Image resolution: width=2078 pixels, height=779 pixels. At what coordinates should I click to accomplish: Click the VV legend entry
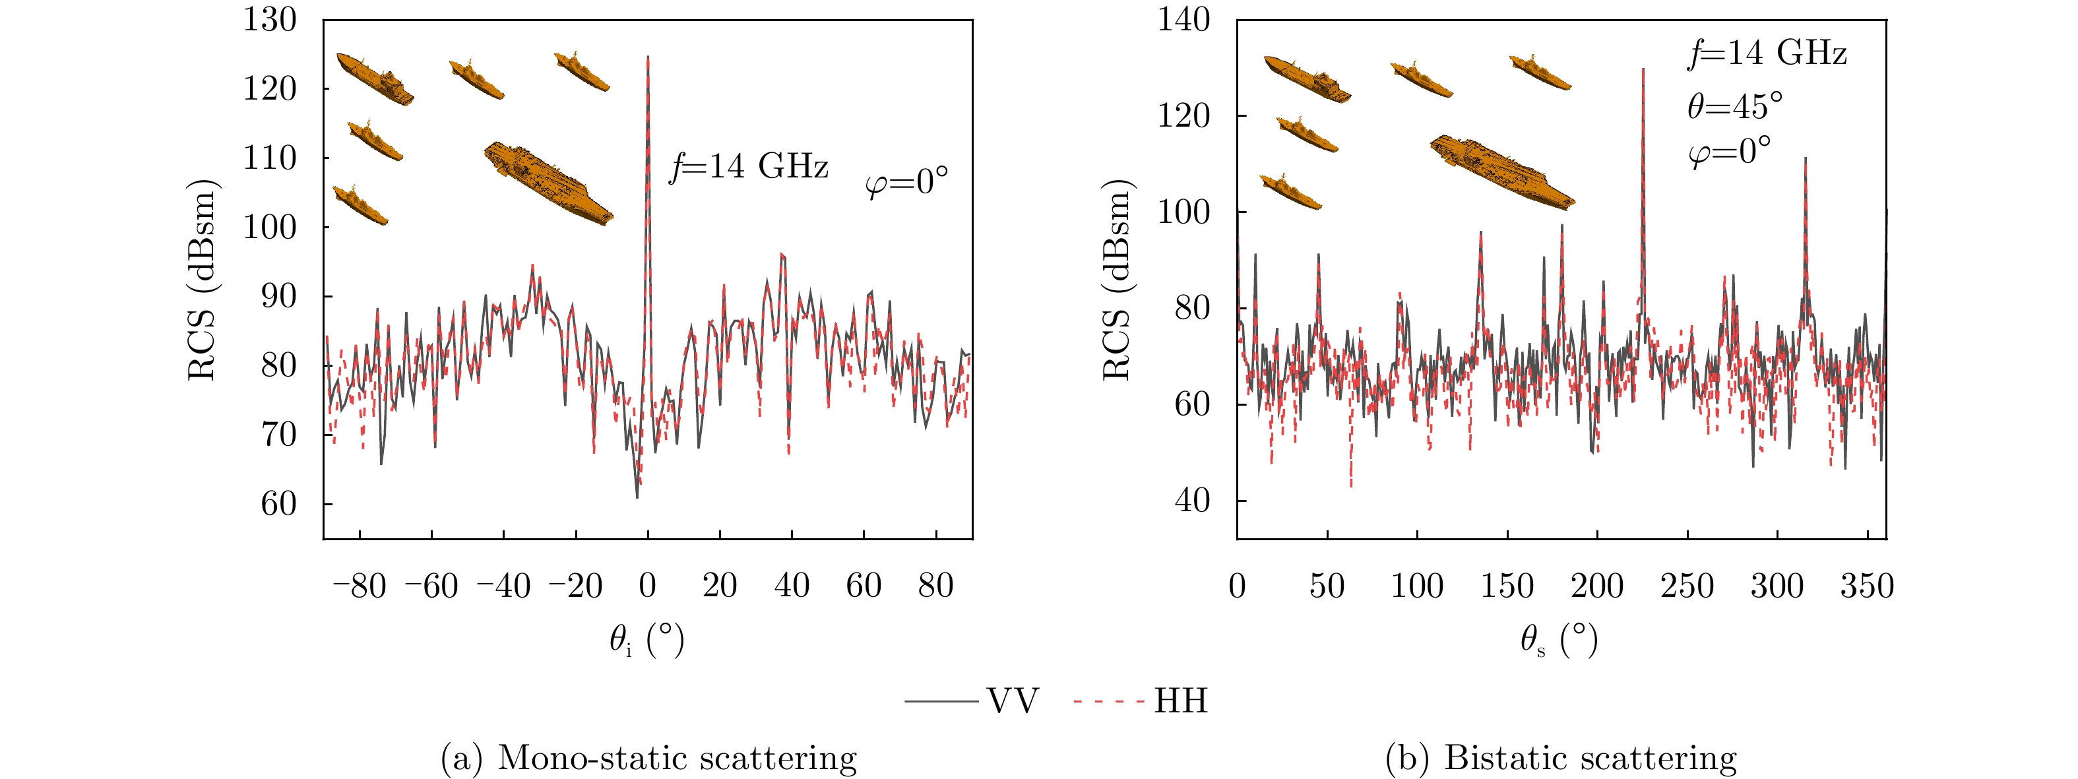coord(972,701)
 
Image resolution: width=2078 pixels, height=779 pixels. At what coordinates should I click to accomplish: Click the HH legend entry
coord(1141,701)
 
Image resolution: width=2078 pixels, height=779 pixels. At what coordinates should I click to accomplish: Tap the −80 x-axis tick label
coord(360,586)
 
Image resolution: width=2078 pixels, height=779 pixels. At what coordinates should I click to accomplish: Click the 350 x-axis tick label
coord(1867,586)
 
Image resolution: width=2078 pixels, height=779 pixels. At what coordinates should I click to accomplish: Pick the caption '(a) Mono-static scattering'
coord(648,757)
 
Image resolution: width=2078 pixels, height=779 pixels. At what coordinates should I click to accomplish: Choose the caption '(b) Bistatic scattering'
coord(1561,757)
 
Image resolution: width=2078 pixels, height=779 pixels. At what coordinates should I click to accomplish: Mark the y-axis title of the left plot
coord(202,279)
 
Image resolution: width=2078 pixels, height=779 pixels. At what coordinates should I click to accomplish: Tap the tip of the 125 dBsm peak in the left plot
coord(648,57)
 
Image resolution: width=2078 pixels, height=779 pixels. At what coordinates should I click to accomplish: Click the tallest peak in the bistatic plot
coord(1643,69)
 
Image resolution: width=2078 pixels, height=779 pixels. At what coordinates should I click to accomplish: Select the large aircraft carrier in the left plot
coord(549,183)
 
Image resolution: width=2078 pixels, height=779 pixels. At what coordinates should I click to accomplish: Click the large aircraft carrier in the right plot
coord(1502,171)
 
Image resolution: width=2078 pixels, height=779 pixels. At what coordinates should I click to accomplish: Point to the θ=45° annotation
coord(1734,106)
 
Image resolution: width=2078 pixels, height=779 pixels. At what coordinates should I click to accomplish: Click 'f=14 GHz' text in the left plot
coord(749,167)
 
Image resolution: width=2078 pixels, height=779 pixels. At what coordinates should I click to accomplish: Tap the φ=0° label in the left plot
coord(906,182)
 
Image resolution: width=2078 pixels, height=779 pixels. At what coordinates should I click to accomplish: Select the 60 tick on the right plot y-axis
coord(1191,404)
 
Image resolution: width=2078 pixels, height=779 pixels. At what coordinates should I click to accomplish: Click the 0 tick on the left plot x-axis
coord(648,586)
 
